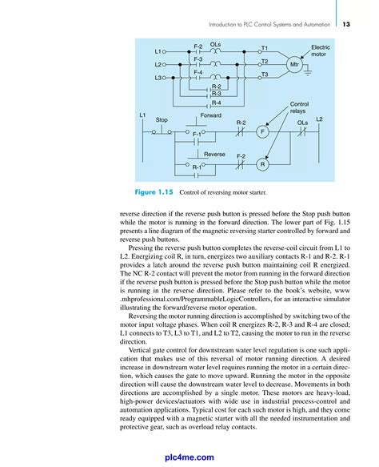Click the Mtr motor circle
tap(295, 64)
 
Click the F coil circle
tap(261, 131)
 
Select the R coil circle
tap(261, 164)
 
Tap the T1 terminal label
tap(264, 49)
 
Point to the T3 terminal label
tap(264, 74)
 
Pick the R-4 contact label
tap(216, 103)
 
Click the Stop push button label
tap(162, 120)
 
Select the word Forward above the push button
tap(211, 115)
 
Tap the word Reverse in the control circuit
tap(214, 152)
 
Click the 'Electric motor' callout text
tap(320, 51)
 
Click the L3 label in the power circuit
tap(158, 78)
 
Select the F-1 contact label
tap(197, 134)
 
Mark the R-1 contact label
tap(197, 167)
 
